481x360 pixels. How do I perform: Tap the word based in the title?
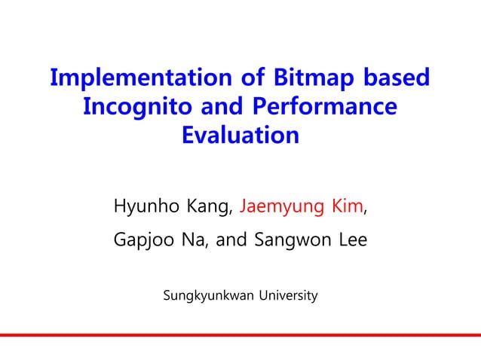point(397,78)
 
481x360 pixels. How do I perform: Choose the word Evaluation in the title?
point(240,137)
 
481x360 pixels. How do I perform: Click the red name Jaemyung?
point(283,206)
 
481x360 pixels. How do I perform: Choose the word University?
point(289,294)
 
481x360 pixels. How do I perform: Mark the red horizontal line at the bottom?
point(240,335)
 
